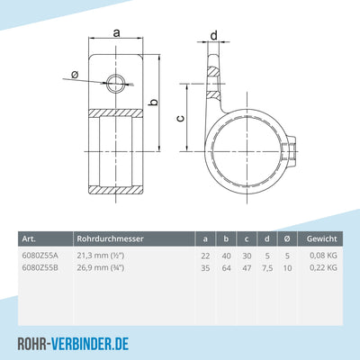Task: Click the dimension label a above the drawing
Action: pyautogui.click(x=118, y=32)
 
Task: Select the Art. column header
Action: pyautogui.click(x=30, y=238)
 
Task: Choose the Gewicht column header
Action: pyautogui.click(x=321, y=238)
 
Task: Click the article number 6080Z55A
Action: pyautogui.click(x=40, y=256)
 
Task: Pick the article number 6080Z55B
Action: pyautogui.click(x=40, y=267)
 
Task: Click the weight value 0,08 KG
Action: pyautogui.click(x=321, y=256)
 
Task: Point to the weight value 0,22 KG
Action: pyautogui.click(x=321, y=267)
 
